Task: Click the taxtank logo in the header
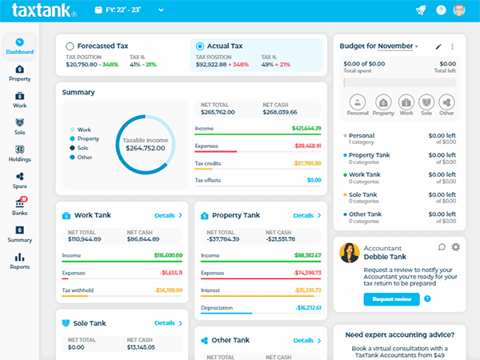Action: pos(44,11)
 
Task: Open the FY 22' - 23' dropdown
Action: pos(130,10)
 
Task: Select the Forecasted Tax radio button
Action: pos(70,46)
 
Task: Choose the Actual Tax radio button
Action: pos(200,46)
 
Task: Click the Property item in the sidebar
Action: pos(19,73)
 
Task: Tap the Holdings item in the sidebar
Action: pos(19,152)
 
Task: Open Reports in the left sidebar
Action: pos(19,261)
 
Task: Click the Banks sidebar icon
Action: pos(19,206)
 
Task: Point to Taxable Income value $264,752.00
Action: pos(145,147)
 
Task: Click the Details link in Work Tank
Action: pos(168,215)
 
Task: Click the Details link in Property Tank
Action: pos(306,215)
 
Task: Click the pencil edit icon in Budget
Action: pos(438,46)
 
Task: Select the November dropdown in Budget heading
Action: pos(398,46)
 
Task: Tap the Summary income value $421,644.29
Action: pos(306,128)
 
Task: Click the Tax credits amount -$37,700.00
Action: pos(306,162)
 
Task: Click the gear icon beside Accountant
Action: pos(456,247)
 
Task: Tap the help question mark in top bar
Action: pos(442,10)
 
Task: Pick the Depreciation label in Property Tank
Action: pos(216,307)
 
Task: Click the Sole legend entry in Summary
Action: pos(84,148)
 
